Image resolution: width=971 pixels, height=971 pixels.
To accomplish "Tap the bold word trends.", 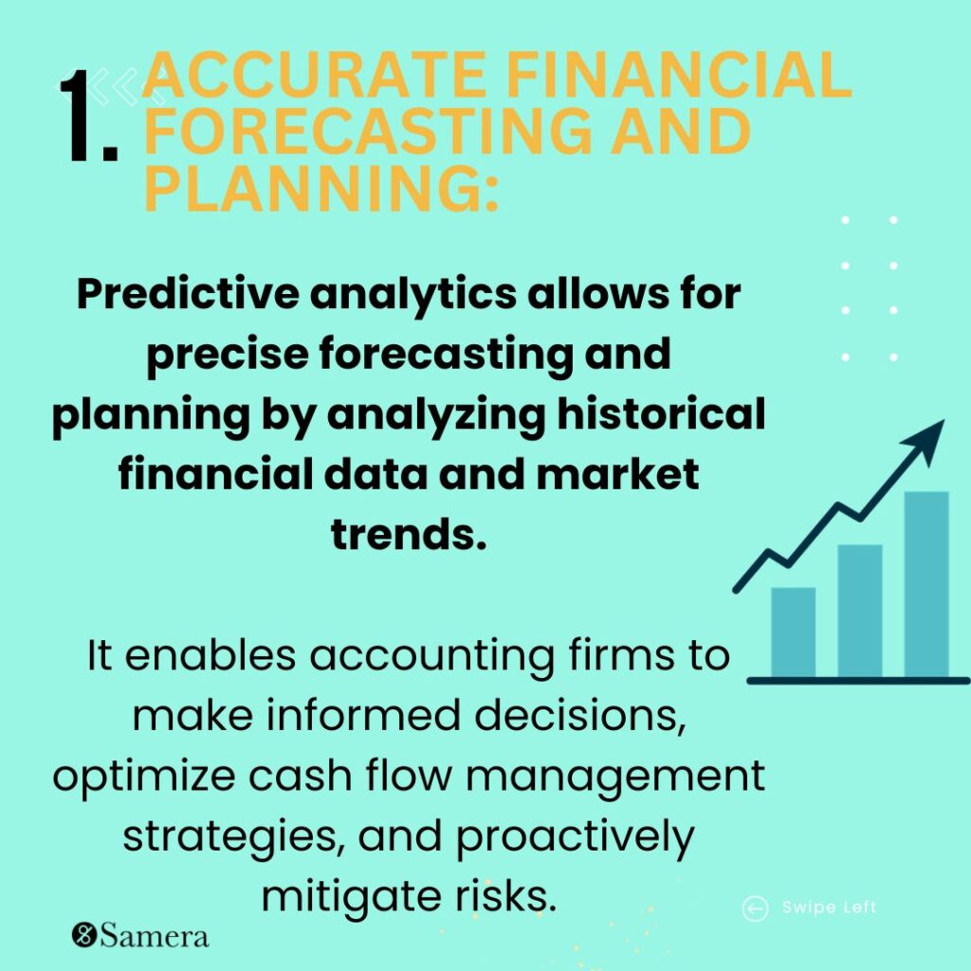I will click(409, 534).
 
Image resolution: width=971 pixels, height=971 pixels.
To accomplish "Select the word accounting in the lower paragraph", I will click(338, 655).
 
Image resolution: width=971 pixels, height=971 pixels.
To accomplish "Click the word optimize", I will click(133, 776).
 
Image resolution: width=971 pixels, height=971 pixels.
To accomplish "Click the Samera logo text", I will click(153, 937).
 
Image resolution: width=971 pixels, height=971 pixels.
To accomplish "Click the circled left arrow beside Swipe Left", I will click(755, 909).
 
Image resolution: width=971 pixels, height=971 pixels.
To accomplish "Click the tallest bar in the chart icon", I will click(926, 582).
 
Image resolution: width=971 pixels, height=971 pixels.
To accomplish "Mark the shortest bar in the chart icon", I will click(793, 631).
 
